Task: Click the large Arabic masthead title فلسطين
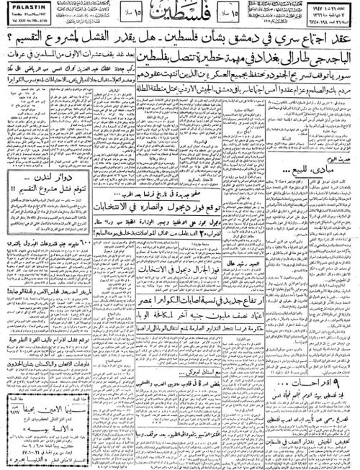click(179, 15)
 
